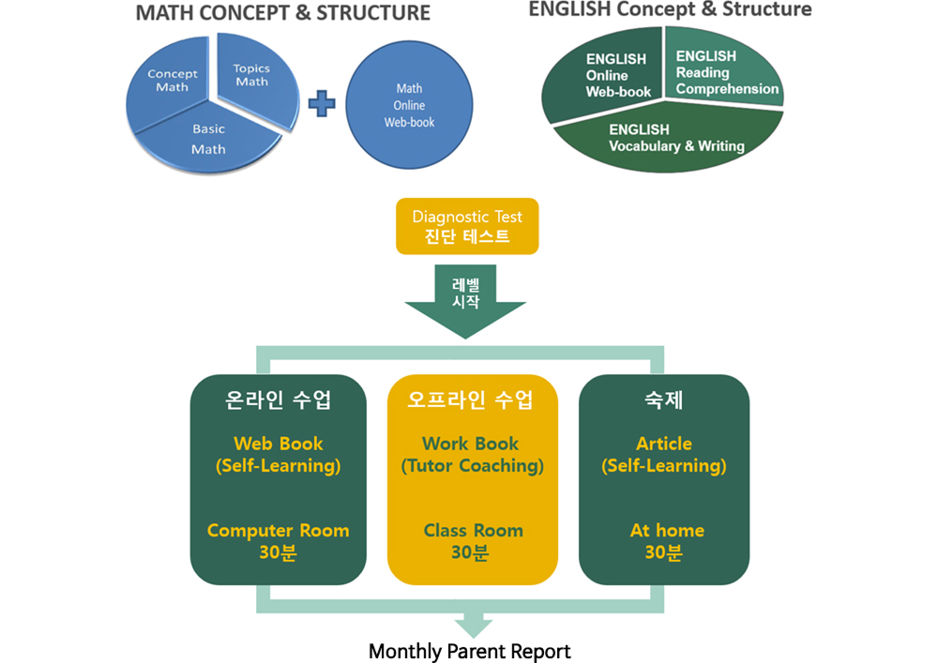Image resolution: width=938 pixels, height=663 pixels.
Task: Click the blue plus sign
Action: pyautogui.click(x=322, y=104)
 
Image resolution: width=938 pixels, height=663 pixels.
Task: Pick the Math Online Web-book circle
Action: pyautogui.click(x=409, y=105)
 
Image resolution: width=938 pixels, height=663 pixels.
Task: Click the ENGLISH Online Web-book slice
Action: pyautogui.click(x=604, y=75)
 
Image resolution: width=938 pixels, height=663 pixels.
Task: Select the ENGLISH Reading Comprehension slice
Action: pyautogui.click(x=724, y=68)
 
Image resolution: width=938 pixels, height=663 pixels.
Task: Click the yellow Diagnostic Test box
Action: pyautogui.click(x=467, y=226)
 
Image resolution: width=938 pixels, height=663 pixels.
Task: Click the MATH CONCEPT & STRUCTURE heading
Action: pyautogui.click(x=283, y=13)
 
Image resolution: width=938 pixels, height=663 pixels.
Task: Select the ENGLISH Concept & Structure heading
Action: pyautogui.click(x=670, y=9)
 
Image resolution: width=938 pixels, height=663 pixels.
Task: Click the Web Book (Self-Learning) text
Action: pyautogui.click(x=279, y=455)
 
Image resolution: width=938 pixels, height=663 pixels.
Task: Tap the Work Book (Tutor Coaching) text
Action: pyautogui.click(x=472, y=455)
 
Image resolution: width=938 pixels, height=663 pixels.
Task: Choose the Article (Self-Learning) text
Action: pyautogui.click(x=664, y=455)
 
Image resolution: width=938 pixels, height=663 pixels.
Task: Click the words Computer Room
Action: pyautogui.click(x=279, y=530)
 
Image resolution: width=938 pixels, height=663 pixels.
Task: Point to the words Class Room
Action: pyautogui.click(x=473, y=530)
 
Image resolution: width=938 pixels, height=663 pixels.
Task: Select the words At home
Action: pyautogui.click(x=667, y=530)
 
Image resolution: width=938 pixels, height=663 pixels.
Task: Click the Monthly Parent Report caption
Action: pyautogui.click(x=470, y=651)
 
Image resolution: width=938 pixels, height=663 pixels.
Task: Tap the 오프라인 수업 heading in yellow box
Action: pyautogui.click(x=470, y=399)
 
